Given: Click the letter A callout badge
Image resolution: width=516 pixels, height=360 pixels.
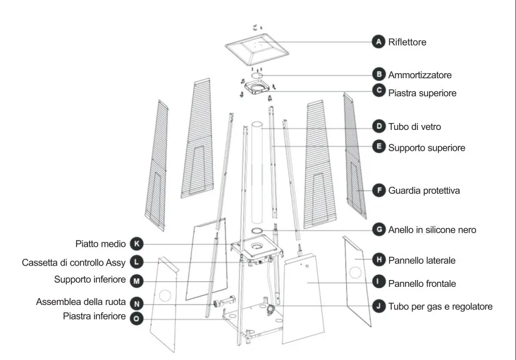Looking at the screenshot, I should pyautogui.click(x=378, y=42).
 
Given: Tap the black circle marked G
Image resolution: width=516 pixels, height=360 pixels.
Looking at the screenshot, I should pyautogui.click(x=378, y=229).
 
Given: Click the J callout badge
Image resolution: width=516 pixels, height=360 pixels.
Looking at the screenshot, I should pyautogui.click(x=378, y=306).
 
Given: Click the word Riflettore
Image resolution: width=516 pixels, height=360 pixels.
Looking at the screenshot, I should pyautogui.click(x=407, y=42).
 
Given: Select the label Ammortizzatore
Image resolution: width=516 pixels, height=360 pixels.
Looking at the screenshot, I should pyautogui.click(x=420, y=74).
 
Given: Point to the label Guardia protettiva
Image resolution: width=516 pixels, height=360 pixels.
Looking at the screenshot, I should pyautogui.click(x=424, y=190).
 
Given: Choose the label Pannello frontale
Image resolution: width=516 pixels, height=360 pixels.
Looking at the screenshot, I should pyautogui.click(x=422, y=283).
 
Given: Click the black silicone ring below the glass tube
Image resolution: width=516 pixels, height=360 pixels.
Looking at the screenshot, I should pyautogui.click(x=257, y=231).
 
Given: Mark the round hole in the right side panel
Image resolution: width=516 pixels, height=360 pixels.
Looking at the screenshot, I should pyautogui.click(x=355, y=273).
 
